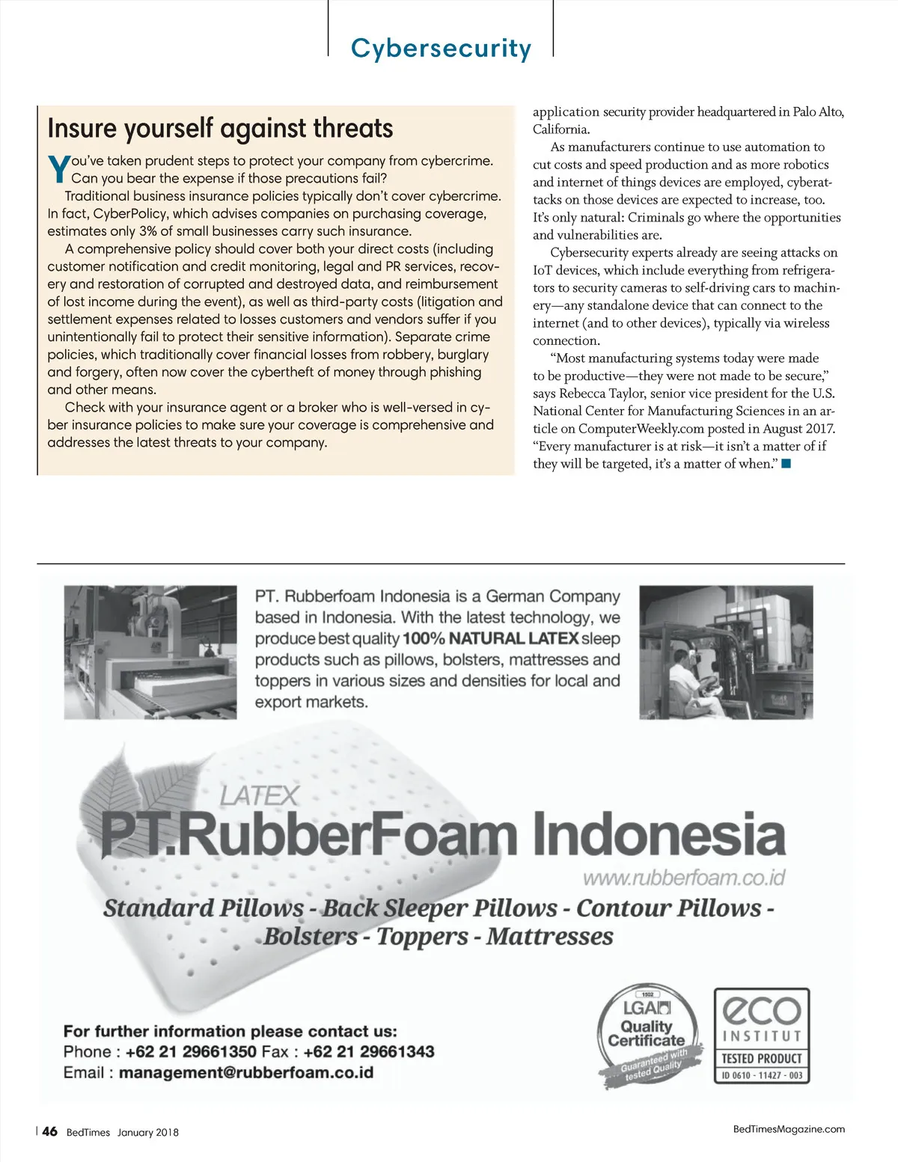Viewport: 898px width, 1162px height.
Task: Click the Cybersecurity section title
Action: [441, 48]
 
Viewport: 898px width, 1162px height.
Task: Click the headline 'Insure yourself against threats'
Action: [220, 129]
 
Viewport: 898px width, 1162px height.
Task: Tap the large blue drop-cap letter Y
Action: [58, 169]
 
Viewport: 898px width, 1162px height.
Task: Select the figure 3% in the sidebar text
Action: [148, 231]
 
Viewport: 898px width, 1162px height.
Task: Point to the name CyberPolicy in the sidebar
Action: [129, 214]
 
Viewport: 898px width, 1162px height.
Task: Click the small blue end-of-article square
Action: [786, 464]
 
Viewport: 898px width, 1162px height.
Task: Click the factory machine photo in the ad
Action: [150, 652]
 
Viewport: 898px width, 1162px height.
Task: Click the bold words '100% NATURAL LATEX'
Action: [490, 639]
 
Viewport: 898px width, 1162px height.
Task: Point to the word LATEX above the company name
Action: [260, 795]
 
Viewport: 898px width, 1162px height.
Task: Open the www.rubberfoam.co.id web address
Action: [684, 878]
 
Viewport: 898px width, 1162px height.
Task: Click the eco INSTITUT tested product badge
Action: [761, 1036]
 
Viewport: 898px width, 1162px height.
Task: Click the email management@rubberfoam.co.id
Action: [245, 1073]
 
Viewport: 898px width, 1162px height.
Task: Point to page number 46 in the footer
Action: [49, 1131]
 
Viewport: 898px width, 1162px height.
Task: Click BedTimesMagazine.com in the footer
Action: [789, 1129]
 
